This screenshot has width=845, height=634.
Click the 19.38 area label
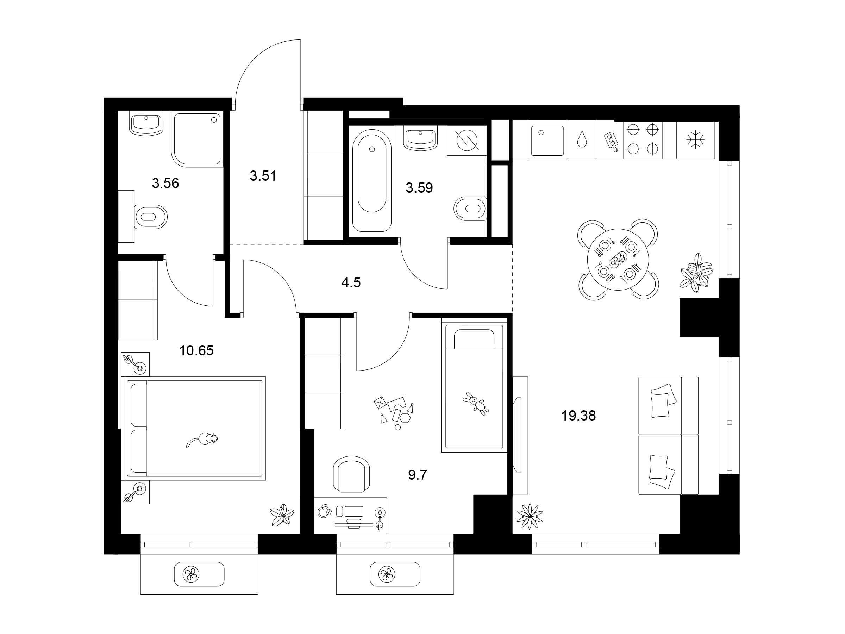tap(578, 416)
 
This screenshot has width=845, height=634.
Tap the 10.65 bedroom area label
tap(196, 350)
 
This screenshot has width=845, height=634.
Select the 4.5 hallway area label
tap(351, 282)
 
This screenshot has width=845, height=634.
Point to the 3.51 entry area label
tap(263, 176)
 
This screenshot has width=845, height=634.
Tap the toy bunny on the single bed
tap(476, 404)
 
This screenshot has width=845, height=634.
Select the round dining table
tap(618, 259)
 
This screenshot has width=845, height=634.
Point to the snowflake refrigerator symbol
tap(695, 139)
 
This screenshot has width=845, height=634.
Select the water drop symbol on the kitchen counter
tap(581, 139)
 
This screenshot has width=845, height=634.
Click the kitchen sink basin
tap(547, 141)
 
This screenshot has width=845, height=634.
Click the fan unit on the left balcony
tap(199, 574)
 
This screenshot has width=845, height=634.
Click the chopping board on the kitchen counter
tap(611, 141)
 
